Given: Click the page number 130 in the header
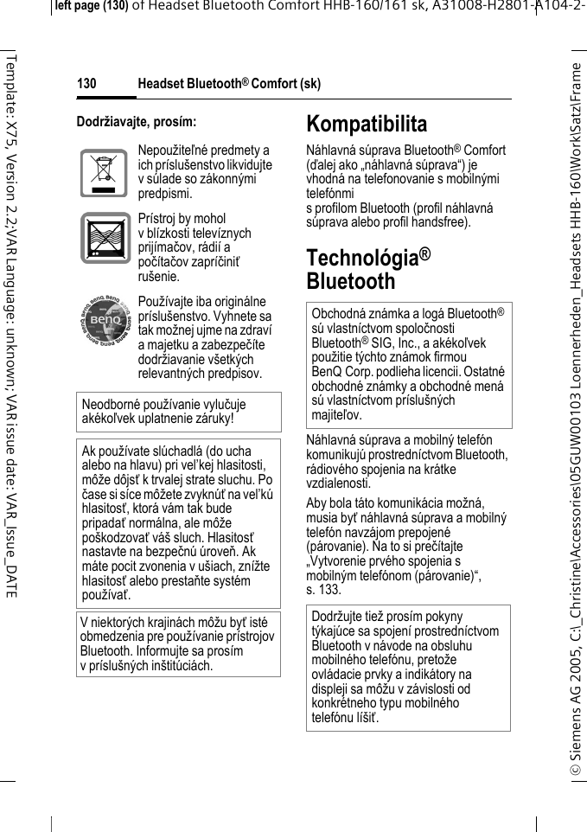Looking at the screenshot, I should (x=86, y=84).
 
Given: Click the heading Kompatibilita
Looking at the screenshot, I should (x=367, y=124).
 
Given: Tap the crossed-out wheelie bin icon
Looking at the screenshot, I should (x=104, y=174).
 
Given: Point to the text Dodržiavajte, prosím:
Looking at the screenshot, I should (x=136, y=122).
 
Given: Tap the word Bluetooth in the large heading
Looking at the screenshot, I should (x=350, y=282).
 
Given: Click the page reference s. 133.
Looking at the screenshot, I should (x=323, y=590).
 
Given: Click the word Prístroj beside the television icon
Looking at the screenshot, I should (x=158, y=219).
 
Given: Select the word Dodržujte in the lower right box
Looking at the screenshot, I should (x=339, y=617).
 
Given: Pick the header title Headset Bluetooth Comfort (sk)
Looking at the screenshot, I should (x=229, y=84).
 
